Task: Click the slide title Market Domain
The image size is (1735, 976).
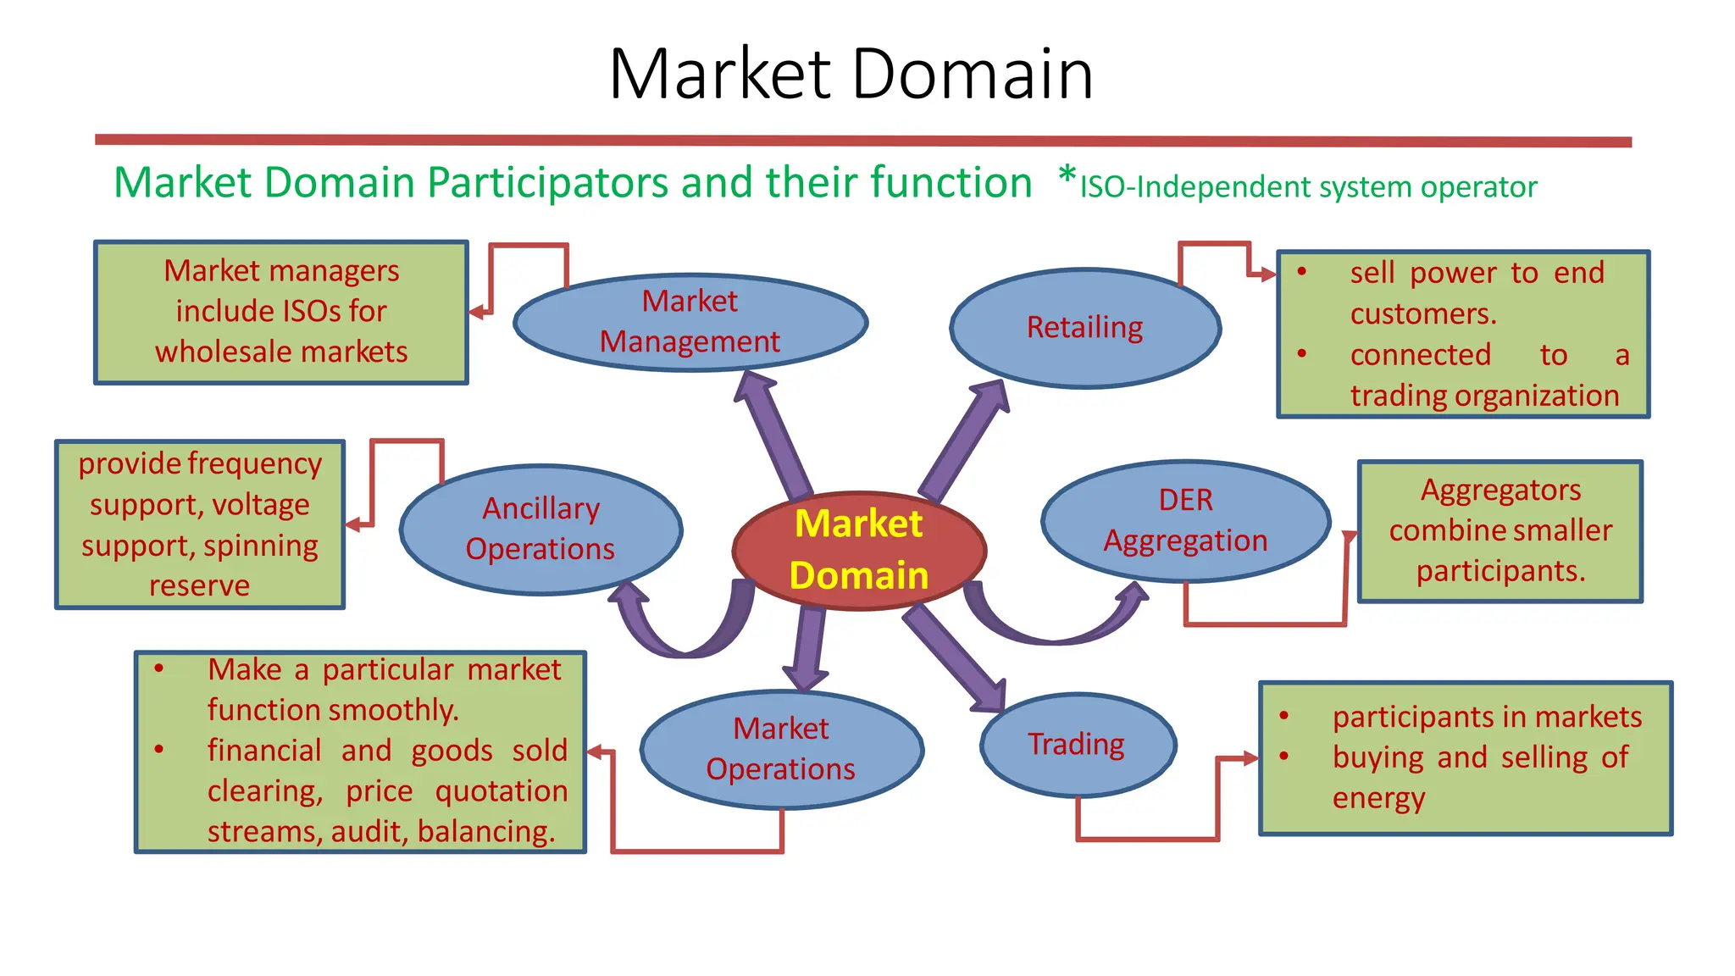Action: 851,75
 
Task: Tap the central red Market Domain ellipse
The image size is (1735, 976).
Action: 858,550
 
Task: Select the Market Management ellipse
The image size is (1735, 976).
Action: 690,322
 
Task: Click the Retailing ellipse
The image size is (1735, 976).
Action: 1084,328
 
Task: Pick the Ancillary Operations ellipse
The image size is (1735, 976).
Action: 540,529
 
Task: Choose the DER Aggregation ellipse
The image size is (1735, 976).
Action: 1185,520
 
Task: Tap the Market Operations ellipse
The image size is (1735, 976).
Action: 781,749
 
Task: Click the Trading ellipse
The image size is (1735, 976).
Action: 1077,744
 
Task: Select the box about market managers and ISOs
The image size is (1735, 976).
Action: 280,312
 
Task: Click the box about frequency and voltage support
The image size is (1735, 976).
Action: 200,524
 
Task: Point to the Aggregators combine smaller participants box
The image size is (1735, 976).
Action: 1499,531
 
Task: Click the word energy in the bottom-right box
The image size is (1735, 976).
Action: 1378,798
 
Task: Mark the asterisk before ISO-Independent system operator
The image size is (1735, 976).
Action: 1067,178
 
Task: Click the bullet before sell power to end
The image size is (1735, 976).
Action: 1302,273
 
